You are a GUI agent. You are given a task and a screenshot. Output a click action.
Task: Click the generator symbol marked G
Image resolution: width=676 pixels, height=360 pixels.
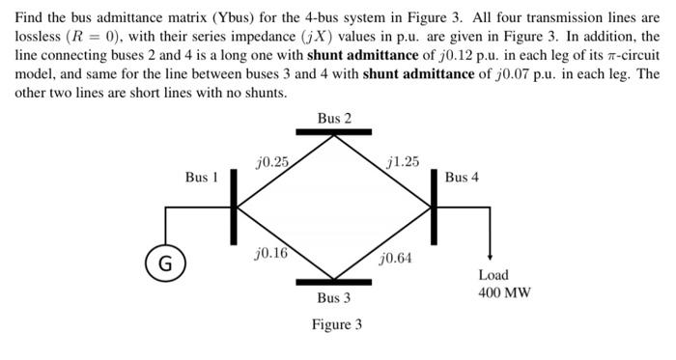166,262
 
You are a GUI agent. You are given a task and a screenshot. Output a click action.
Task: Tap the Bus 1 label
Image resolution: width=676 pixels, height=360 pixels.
202,178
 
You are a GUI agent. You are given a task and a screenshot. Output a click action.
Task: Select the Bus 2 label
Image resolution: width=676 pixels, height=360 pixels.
334,119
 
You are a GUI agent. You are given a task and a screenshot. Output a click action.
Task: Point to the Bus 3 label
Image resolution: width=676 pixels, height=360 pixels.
334,298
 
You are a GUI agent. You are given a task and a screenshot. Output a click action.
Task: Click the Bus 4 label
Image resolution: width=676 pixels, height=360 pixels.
462,178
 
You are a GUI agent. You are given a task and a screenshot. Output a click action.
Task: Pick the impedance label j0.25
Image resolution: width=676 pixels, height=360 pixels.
272,161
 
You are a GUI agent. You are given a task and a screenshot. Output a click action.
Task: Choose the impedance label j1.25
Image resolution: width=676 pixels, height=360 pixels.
402,161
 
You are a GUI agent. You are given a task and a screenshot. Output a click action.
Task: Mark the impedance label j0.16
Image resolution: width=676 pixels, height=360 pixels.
270,253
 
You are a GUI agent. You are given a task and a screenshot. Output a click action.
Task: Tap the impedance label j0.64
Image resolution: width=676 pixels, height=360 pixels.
397,259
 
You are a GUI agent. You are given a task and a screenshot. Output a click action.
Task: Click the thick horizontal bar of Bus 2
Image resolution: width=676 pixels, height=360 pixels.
334,134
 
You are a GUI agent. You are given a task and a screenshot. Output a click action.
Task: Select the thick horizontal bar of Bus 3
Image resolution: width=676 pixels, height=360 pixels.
334,281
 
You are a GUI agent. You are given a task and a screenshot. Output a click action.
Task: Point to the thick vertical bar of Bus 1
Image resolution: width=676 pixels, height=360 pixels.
233,207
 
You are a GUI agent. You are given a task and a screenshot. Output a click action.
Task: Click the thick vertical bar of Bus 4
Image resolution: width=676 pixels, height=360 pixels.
435,207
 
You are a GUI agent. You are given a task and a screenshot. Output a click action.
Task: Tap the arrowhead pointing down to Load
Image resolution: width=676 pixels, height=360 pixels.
493,255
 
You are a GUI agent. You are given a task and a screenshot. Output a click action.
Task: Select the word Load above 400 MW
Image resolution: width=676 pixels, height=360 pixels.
493,275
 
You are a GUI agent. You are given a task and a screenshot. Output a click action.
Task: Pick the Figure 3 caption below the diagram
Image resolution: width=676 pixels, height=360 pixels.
337,324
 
